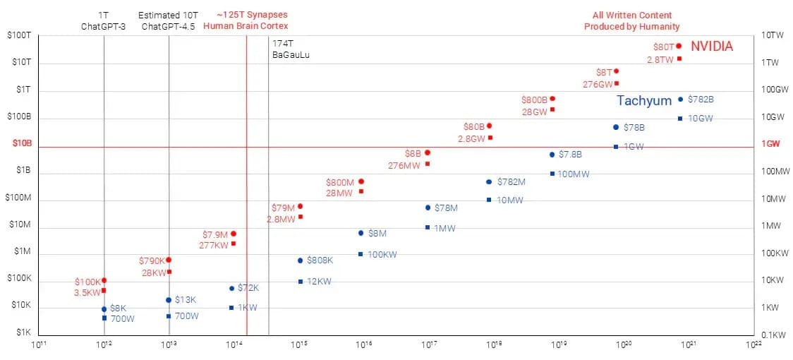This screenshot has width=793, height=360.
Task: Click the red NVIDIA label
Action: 711,47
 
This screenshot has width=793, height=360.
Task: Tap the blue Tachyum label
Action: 644,101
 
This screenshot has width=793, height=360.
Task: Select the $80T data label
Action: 663,47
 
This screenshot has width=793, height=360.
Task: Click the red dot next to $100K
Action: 104,281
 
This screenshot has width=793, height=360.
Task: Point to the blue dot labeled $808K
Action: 300,260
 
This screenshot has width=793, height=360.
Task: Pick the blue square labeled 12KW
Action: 300,282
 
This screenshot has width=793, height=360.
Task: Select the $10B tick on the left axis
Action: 23,143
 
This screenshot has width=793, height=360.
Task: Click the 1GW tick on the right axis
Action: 770,143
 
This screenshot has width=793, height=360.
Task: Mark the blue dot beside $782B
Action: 680,100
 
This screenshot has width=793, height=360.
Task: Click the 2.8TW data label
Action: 660,59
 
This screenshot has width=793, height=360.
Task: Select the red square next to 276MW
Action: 428,164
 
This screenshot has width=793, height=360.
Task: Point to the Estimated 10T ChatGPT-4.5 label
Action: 169,20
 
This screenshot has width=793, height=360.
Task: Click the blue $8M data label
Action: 377,233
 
